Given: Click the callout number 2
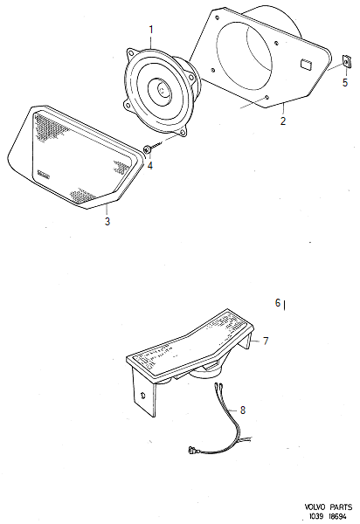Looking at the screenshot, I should pyautogui.click(x=282, y=121).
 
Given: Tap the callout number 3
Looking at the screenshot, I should pyautogui.click(x=107, y=221).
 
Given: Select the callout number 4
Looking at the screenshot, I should pyautogui.click(x=149, y=165).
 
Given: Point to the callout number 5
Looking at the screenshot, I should pyautogui.click(x=344, y=84).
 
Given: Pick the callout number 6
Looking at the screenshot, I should pyautogui.click(x=278, y=303).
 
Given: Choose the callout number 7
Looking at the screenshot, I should pyautogui.click(x=267, y=340).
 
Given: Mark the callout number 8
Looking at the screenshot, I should pyautogui.click(x=243, y=409).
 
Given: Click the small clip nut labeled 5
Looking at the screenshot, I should pyautogui.click(x=345, y=63).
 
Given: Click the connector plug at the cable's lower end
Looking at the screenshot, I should pyautogui.click(x=193, y=452).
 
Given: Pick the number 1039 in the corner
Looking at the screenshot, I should pyautogui.click(x=315, y=516).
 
